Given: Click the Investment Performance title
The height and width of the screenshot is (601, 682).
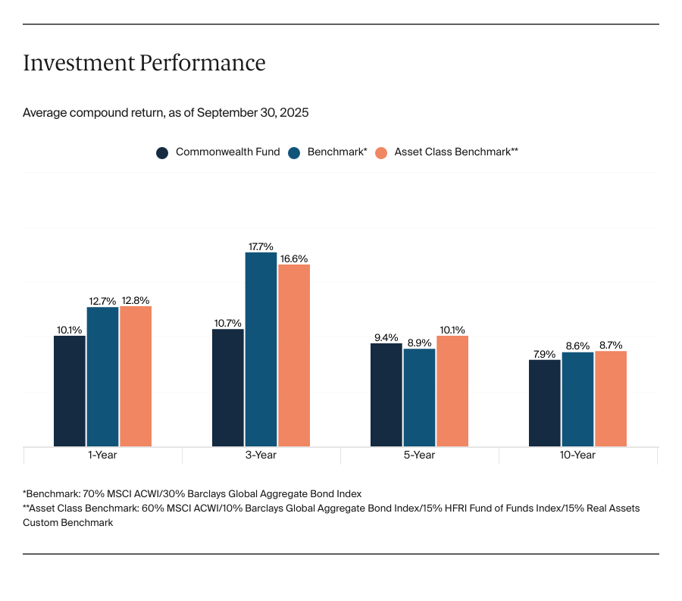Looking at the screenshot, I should tap(144, 63).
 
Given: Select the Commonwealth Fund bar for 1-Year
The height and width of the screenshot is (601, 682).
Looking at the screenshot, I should tap(70, 391).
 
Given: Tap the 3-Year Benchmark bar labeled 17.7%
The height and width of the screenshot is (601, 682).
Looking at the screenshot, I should tap(261, 349).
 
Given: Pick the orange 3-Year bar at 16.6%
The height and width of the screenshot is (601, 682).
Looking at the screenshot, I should tap(294, 355).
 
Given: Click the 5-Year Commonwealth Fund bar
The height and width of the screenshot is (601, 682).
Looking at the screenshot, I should tap(386, 395).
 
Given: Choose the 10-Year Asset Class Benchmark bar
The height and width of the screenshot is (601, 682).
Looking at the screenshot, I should tap(611, 399).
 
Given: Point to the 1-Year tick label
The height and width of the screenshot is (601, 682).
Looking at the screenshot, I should tap(102, 455).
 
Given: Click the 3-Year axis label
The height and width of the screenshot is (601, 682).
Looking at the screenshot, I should tap(261, 455).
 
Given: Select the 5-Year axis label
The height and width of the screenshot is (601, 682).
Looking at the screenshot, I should tap(419, 455).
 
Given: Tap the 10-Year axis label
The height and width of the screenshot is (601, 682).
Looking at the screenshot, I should tap(577, 455).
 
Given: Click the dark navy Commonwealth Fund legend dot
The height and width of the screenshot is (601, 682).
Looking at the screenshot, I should tap(162, 152).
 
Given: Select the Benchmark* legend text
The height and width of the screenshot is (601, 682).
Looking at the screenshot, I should tap(336, 152).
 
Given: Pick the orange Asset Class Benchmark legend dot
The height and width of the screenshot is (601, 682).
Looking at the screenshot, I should tap(381, 152).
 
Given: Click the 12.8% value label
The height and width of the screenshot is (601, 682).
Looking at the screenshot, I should tap(135, 300).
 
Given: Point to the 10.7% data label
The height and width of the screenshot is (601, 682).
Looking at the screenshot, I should tap(228, 323).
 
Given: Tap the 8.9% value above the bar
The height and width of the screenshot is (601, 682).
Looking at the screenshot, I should tap(419, 343).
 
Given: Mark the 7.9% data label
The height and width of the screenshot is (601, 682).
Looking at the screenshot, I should tap(544, 354).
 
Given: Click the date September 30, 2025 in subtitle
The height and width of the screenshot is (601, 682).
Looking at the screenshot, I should tap(253, 113).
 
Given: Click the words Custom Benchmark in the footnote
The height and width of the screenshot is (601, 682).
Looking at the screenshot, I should tap(68, 523).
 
